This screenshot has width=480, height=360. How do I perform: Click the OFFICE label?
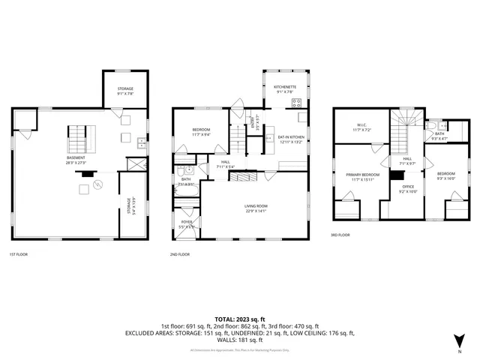(x=408, y=187)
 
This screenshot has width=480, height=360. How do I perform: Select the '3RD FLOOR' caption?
(x=340, y=235)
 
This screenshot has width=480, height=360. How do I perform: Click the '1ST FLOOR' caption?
(x=19, y=255)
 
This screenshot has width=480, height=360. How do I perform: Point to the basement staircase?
(x=78, y=138)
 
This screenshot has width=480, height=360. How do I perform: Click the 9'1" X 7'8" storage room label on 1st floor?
(x=124, y=91)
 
